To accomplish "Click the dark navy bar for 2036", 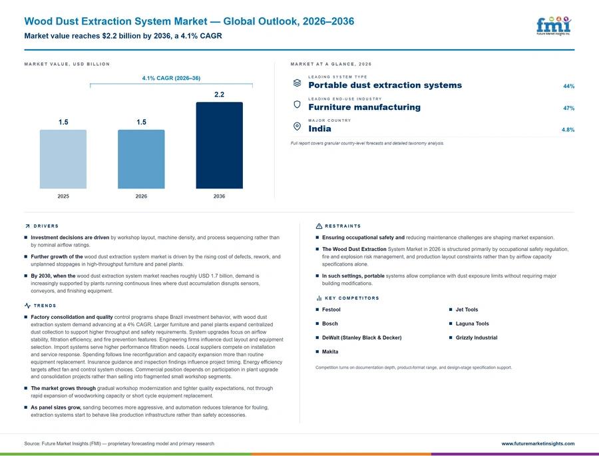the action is (x=219, y=145).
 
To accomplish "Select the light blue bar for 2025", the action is (x=63, y=159).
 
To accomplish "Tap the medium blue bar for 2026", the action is (x=141, y=159).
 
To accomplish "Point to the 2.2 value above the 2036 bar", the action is (x=219, y=95).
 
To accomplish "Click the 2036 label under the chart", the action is (x=219, y=196).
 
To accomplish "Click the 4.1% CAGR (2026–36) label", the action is (x=171, y=78).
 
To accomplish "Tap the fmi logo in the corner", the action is (x=554, y=26).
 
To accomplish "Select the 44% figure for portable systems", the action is (x=568, y=87).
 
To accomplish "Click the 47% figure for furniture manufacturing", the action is (x=568, y=108).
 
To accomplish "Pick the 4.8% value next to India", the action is (x=568, y=130).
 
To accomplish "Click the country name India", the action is (x=319, y=128).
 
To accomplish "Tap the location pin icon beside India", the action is (x=297, y=126).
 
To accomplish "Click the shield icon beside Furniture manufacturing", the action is (x=297, y=105).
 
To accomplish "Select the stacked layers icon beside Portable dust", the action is (x=297, y=83).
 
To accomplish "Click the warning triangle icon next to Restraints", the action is (x=319, y=226).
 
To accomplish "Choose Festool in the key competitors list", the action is (x=331, y=310).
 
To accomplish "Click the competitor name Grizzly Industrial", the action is (x=477, y=338).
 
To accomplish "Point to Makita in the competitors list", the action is (x=330, y=351).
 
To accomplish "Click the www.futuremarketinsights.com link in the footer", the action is (x=538, y=444).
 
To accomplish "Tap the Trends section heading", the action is (x=45, y=306).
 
